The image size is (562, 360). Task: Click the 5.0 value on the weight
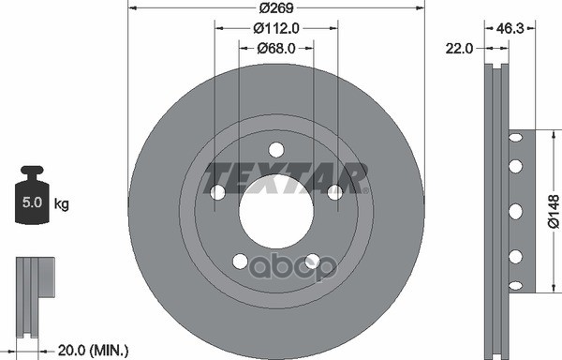point(32,203)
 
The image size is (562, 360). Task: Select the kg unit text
point(61,203)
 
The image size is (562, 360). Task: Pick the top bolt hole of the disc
point(275,149)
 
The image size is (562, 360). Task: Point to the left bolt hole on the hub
point(218,192)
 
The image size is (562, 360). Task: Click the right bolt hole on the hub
point(334,191)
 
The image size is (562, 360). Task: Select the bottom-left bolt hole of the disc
point(241,261)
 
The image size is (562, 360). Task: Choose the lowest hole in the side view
point(514,282)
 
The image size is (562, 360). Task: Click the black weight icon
point(32,196)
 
